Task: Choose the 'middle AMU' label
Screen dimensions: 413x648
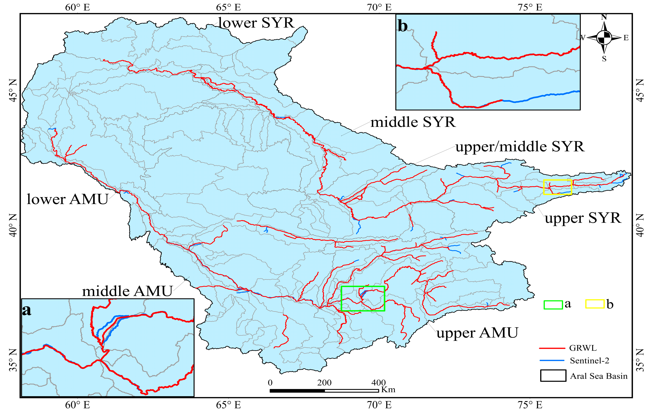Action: (x=127, y=292)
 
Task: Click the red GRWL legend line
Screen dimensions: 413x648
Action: (x=552, y=348)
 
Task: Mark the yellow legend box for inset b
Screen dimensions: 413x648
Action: (x=595, y=304)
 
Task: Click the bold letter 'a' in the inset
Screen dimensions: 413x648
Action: (x=27, y=310)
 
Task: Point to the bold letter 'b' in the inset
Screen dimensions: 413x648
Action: (x=403, y=26)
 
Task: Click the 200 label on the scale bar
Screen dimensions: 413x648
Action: (x=324, y=383)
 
